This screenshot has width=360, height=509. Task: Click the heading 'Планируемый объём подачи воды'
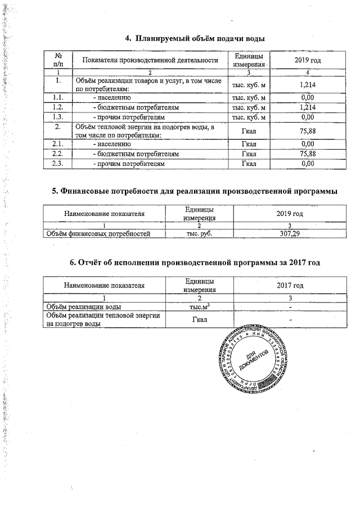(195, 38)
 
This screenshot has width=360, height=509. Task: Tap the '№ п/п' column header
(59, 60)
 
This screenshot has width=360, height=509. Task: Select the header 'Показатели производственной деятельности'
(150, 60)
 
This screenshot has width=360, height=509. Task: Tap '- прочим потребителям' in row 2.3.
(129, 163)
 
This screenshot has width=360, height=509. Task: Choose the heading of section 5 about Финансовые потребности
(195, 191)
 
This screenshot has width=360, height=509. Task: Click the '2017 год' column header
(290, 285)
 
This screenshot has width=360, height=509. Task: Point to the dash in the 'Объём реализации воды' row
(290, 307)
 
